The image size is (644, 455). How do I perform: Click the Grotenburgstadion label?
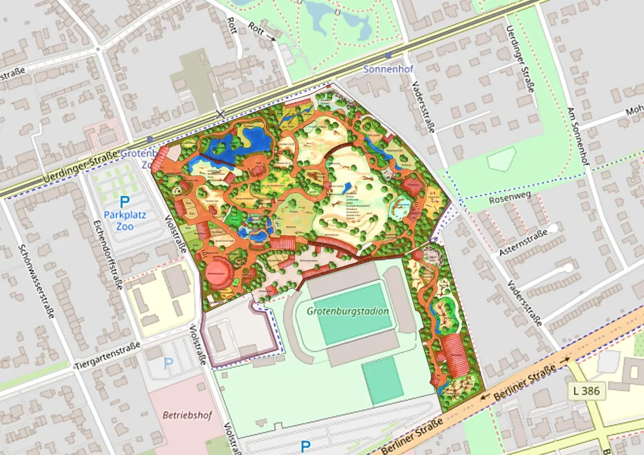348,311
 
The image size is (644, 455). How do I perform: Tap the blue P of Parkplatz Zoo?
125,202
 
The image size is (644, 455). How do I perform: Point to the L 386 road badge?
587,391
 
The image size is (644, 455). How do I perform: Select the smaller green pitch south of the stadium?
382,380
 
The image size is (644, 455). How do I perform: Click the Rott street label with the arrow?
260,30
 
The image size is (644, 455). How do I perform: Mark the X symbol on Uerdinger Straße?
219,113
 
